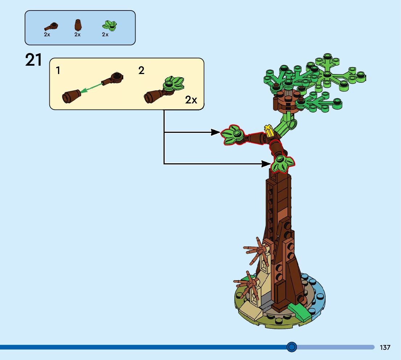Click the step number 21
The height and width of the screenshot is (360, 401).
pos(34,60)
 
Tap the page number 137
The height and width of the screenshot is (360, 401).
pos(385,347)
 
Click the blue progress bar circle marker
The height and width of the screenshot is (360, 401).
pos(292,347)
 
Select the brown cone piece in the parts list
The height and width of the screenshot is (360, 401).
pos(78,25)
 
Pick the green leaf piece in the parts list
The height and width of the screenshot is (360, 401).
pos(109,25)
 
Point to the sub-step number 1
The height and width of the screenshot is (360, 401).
pos(58,70)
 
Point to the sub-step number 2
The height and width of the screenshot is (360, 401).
pos(141,70)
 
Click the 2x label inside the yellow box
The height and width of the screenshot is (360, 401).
pos(191,100)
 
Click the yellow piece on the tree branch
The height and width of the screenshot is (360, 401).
pos(269,130)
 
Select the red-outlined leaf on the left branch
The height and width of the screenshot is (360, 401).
pos(233,135)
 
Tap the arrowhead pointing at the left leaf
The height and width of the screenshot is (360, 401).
pos(216,132)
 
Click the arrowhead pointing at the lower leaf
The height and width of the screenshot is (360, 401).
pos(266,164)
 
